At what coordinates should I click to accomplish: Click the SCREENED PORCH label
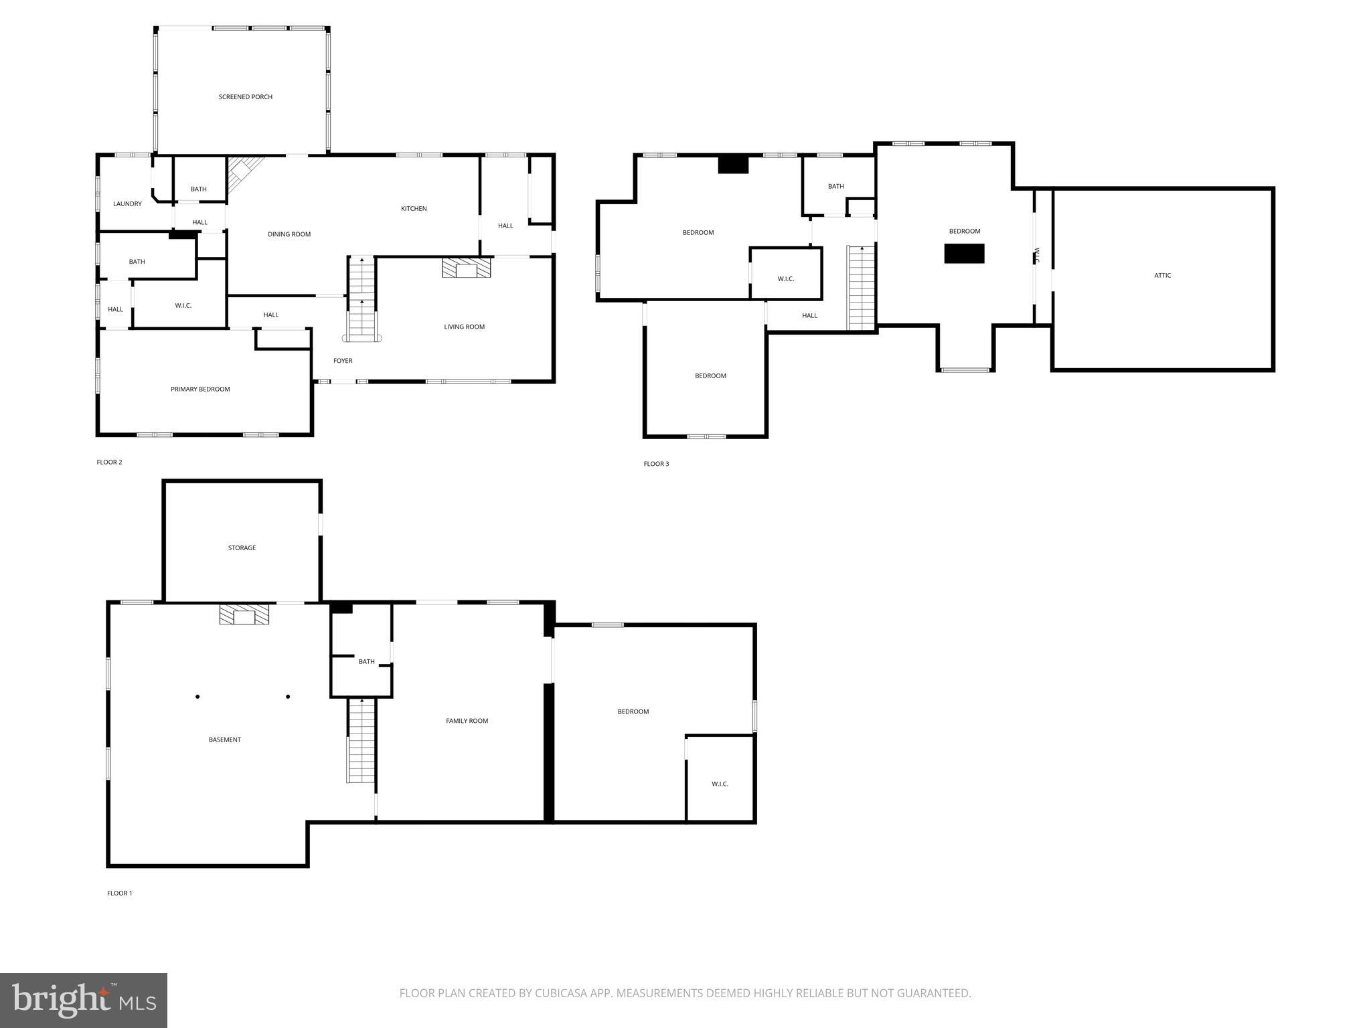point(245,97)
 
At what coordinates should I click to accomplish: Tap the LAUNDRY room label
point(127,204)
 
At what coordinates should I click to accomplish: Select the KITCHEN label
point(414,209)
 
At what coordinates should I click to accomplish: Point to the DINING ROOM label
point(289,234)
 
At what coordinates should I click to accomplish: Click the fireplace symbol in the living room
point(466,268)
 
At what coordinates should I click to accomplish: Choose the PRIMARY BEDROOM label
point(200,390)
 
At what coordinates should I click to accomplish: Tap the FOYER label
point(343,361)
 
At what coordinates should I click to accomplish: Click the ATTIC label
point(1162,276)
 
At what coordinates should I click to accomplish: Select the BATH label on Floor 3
point(835,187)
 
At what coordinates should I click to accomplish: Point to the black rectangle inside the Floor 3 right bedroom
point(964,254)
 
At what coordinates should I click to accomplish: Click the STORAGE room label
point(242,548)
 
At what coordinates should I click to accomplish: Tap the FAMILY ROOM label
point(467,721)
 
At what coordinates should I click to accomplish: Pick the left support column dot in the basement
point(197,697)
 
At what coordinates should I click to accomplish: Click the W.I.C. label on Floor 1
point(720,784)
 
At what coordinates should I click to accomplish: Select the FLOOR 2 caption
point(109,462)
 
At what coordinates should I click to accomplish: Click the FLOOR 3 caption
point(656,464)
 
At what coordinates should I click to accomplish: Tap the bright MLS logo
point(84,1000)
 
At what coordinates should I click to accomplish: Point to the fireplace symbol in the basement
point(244,615)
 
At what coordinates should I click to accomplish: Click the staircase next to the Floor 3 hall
point(862,288)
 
